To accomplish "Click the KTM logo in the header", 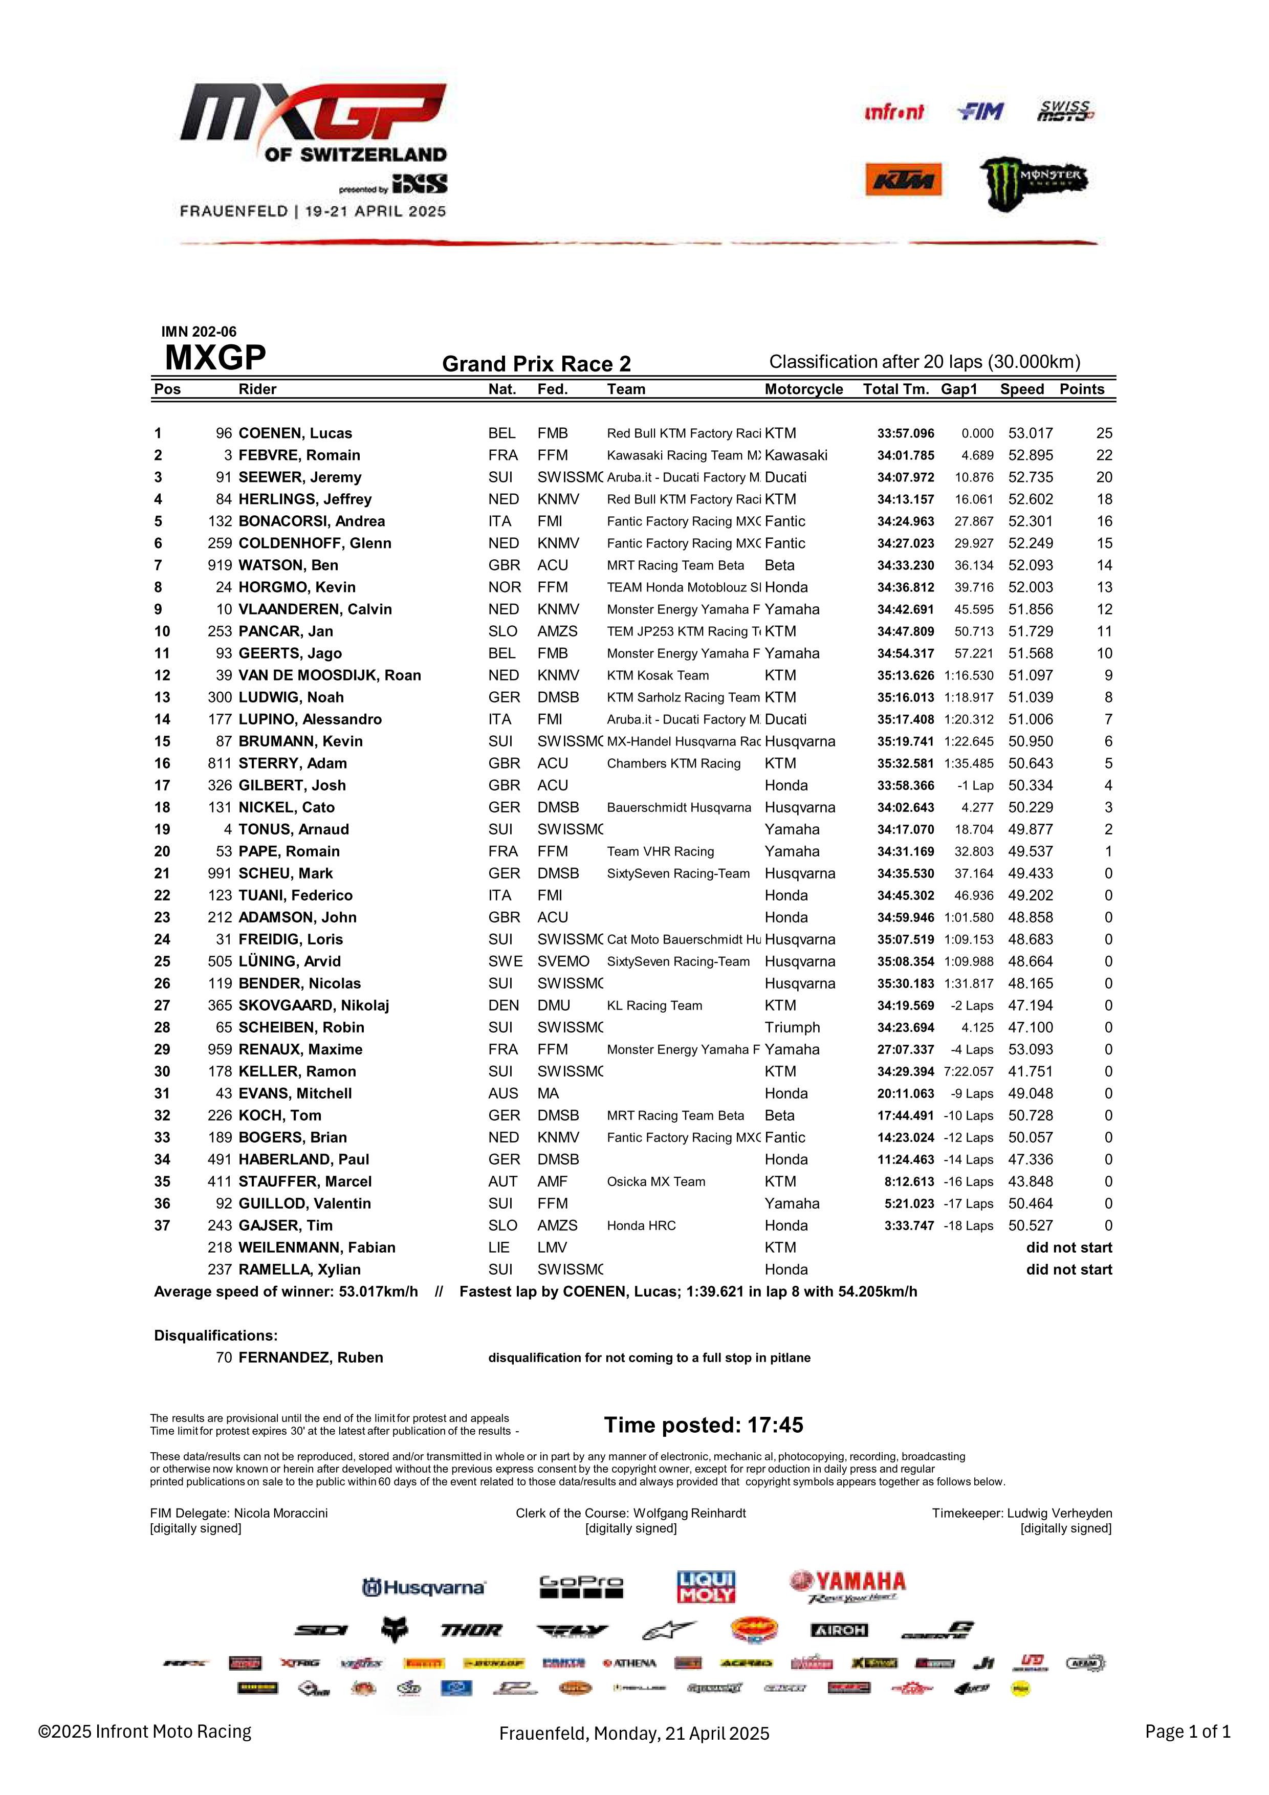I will (x=903, y=180).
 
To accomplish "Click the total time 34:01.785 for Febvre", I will (x=905, y=455).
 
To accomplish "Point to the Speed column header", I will (x=1021, y=389).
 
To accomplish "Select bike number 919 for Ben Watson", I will (x=220, y=565).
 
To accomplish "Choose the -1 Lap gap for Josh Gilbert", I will (x=975, y=786).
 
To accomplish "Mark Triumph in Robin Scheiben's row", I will (x=792, y=1027).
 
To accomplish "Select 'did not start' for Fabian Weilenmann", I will (x=1068, y=1247).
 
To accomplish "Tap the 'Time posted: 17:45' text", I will (x=703, y=1425).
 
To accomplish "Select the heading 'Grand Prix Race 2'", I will (x=536, y=364).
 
